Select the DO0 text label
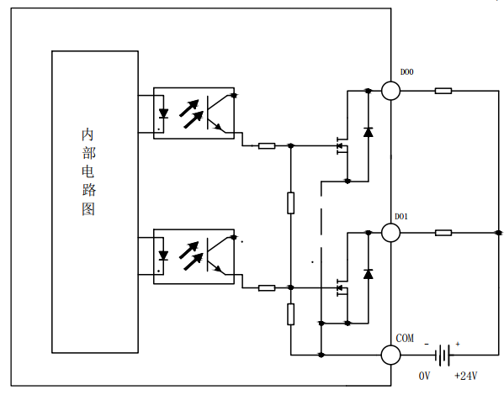406,72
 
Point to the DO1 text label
401,217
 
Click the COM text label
405,338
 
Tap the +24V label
466,376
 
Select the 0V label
424,376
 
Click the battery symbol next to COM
443,355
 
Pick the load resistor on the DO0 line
443,91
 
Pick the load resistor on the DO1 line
443,233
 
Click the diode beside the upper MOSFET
369,132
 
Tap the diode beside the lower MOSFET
369,274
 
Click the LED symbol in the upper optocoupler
163,113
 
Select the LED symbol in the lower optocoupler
163,255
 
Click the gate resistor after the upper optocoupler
267,145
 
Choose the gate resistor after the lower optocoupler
267,287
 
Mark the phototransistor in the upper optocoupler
220,113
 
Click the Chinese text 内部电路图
88,171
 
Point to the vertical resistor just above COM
290,314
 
